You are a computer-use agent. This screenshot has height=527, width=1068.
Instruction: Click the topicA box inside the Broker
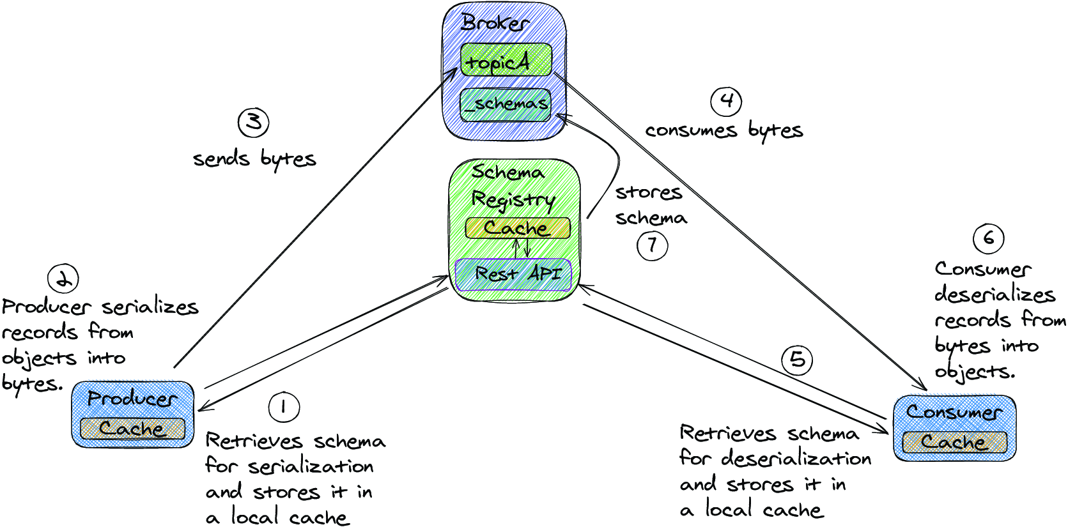point(506,60)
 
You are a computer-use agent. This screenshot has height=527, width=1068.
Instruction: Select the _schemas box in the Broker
point(506,104)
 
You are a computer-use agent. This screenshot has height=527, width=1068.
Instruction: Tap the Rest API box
point(513,275)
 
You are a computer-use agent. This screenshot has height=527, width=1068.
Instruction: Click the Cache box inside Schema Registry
point(518,228)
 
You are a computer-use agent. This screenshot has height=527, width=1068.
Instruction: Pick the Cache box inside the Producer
point(132,429)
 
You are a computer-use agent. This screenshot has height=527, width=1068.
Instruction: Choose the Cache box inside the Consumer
point(954,442)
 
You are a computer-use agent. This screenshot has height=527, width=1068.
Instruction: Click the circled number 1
point(284,408)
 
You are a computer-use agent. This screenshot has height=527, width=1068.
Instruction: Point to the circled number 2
point(63,279)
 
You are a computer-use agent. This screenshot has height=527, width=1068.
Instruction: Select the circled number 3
point(253,123)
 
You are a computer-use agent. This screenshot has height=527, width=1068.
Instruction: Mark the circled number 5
point(797,359)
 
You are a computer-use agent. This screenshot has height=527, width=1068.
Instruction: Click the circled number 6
point(988,238)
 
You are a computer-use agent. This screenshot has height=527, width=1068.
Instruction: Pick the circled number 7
point(653,245)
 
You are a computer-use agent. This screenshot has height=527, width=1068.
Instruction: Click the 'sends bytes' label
point(254,159)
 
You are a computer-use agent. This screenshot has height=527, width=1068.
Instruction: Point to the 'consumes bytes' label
point(724,130)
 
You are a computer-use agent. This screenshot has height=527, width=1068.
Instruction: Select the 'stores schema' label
point(651,206)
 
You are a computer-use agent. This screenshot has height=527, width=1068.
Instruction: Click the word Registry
point(513,200)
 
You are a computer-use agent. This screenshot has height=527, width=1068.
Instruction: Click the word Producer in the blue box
point(132,399)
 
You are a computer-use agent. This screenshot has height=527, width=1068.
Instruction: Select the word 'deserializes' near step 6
point(995,295)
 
